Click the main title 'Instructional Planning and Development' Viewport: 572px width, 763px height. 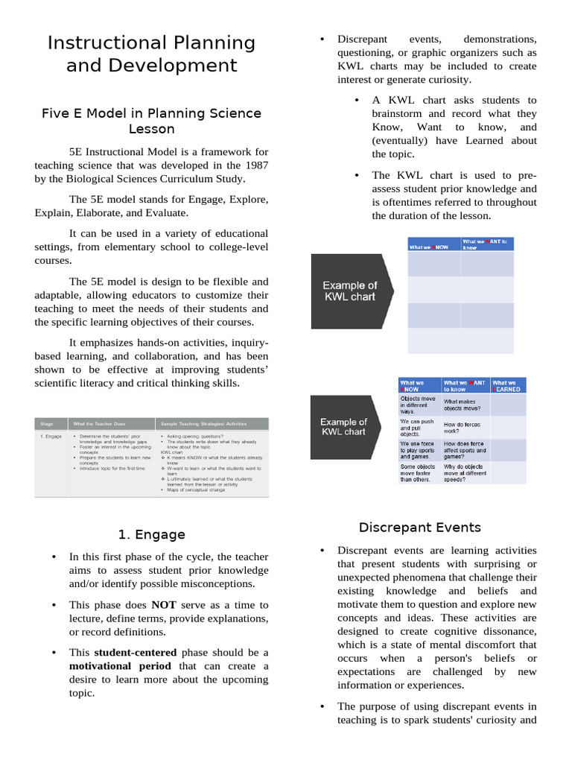(x=151, y=54)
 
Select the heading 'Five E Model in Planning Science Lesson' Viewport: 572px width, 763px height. (x=151, y=121)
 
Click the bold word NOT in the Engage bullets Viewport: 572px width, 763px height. (x=163, y=605)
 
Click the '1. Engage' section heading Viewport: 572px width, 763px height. (x=151, y=534)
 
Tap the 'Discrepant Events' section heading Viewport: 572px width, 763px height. (x=419, y=528)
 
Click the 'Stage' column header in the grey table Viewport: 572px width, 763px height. (x=46, y=423)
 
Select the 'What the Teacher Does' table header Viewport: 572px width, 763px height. (x=98, y=423)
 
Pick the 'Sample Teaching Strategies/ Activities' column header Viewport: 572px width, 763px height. (x=197, y=423)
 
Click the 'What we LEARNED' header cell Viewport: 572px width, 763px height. (x=507, y=385)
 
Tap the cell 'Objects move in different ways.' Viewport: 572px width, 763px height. (x=419, y=405)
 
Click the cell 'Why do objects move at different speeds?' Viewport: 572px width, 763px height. (x=465, y=473)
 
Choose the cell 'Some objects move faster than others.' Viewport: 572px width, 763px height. (x=419, y=473)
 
